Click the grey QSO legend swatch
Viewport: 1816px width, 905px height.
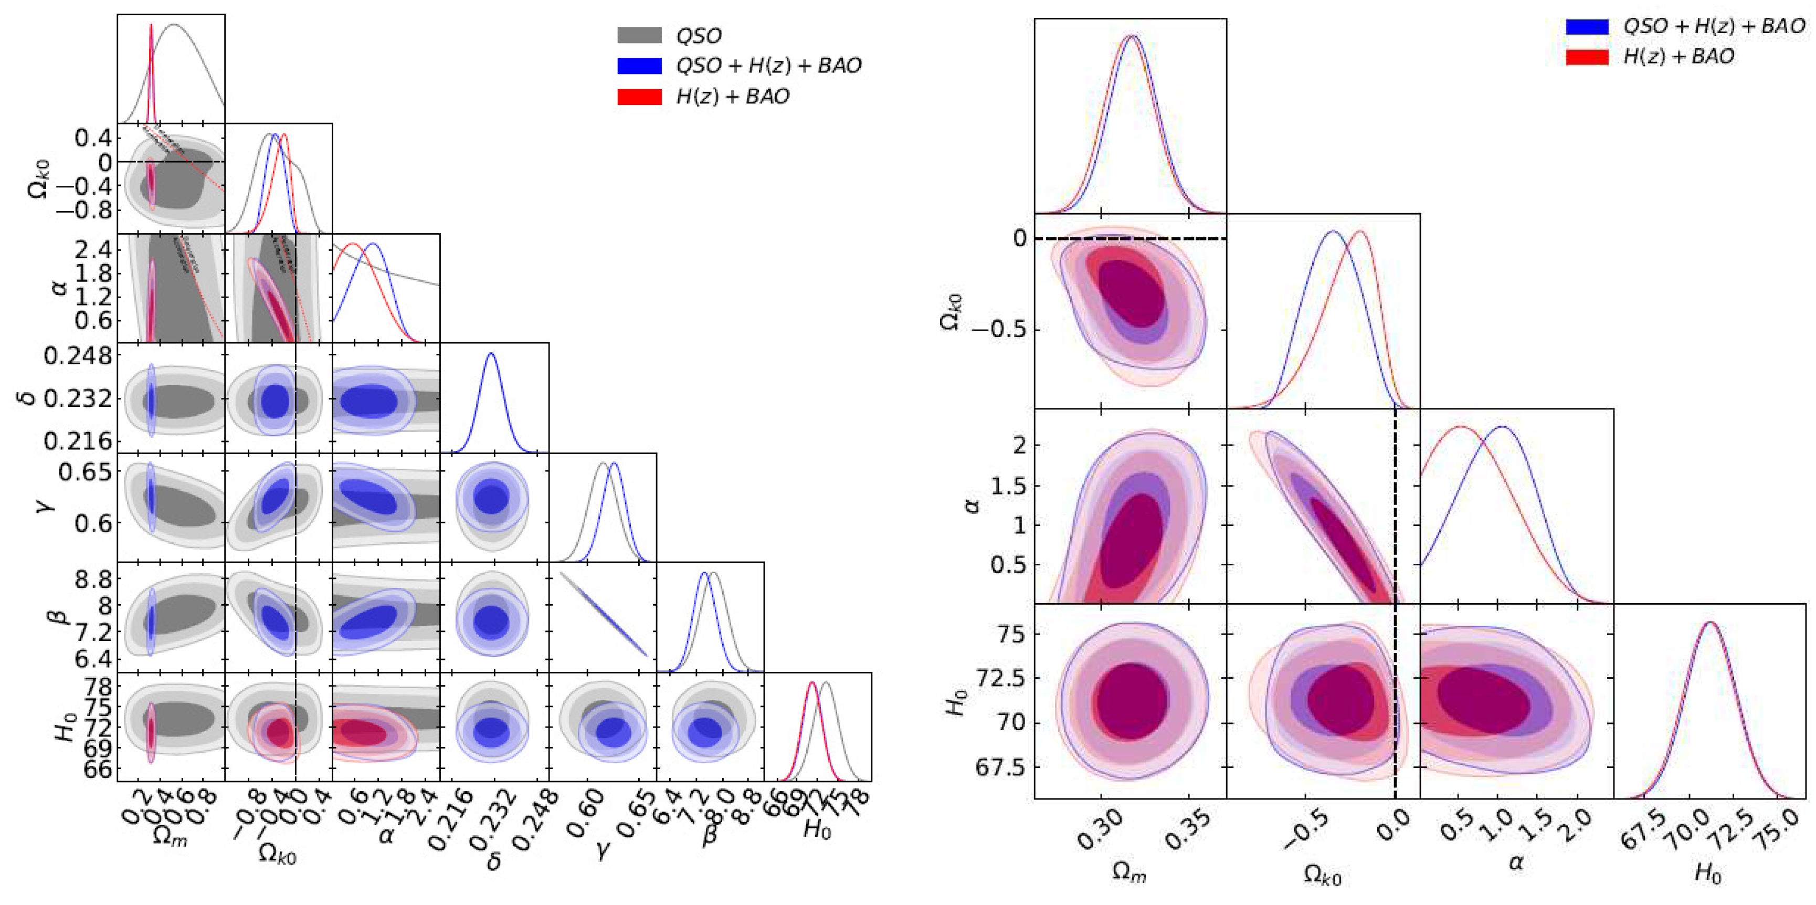click(x=639, y=35)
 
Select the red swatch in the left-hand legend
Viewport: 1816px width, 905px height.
click(x=639, y=97)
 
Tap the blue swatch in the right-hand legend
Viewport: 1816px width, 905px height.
click(x=1587, y=27)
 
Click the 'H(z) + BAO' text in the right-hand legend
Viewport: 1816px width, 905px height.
click(x=1678, y=56)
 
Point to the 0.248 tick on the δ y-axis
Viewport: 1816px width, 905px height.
click(x=78, y=356)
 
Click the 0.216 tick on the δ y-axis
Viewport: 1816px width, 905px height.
click(x=78, y=442)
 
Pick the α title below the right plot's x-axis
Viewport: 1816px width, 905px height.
click(x=1516, y=862)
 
